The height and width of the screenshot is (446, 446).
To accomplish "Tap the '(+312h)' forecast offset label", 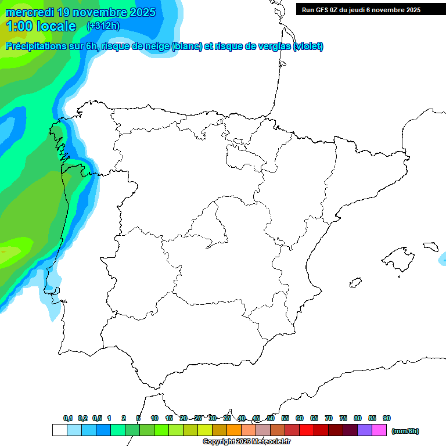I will [103, 26].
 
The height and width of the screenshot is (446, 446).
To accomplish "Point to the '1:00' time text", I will [19, 26].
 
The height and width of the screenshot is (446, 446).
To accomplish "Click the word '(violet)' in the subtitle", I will [308, 46].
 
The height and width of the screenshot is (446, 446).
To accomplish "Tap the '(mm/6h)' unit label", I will [405, 431].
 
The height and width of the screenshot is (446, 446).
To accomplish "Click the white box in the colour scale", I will [59, 430].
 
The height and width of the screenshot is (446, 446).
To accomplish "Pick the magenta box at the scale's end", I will [380, 430].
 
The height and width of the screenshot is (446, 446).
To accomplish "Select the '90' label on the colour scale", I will [387, 418].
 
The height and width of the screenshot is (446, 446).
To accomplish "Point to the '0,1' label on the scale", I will [68, 418].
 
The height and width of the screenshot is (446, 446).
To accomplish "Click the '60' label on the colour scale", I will [300, 418].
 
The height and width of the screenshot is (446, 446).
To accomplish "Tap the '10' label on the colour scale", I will [154, 418].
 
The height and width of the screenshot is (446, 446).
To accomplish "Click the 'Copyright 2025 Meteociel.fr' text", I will [246, 442].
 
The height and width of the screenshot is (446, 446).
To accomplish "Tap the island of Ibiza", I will [354, 283].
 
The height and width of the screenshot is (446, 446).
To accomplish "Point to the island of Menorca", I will [430, 246].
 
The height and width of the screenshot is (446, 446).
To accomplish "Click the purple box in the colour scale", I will [365, 430].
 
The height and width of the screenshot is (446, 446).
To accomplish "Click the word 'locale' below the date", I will [56, 26].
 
